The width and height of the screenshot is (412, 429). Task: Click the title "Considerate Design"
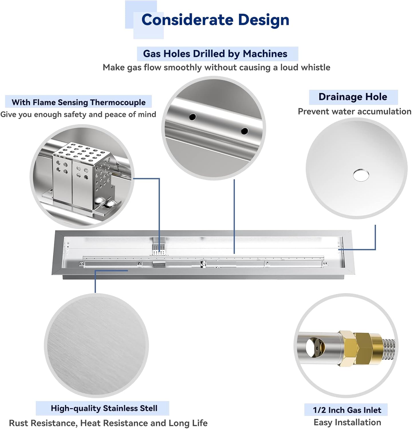(x=215, y=20)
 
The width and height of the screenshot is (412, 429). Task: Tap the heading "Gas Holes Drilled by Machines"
(x=215, y=54)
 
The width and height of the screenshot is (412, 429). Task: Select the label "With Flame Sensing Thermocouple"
(x=78, y=102)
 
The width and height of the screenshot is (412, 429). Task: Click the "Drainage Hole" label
(x=353, y=97)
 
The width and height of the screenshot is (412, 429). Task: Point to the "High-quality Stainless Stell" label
(x=104, y=408)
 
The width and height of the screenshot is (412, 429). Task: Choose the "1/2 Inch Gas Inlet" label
(x=347, y=410)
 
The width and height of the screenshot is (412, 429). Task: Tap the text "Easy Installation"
(x=347, y=422)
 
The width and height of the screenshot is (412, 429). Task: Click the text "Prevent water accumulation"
(x=354, y=111)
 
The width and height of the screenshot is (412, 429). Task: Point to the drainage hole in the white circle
(x=361, y=175)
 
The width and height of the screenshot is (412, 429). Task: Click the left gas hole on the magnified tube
(x=192, y=117)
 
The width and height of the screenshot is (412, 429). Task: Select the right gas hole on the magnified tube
(x=244, y=131)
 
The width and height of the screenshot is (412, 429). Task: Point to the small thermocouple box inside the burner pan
(x=158, y=249)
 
